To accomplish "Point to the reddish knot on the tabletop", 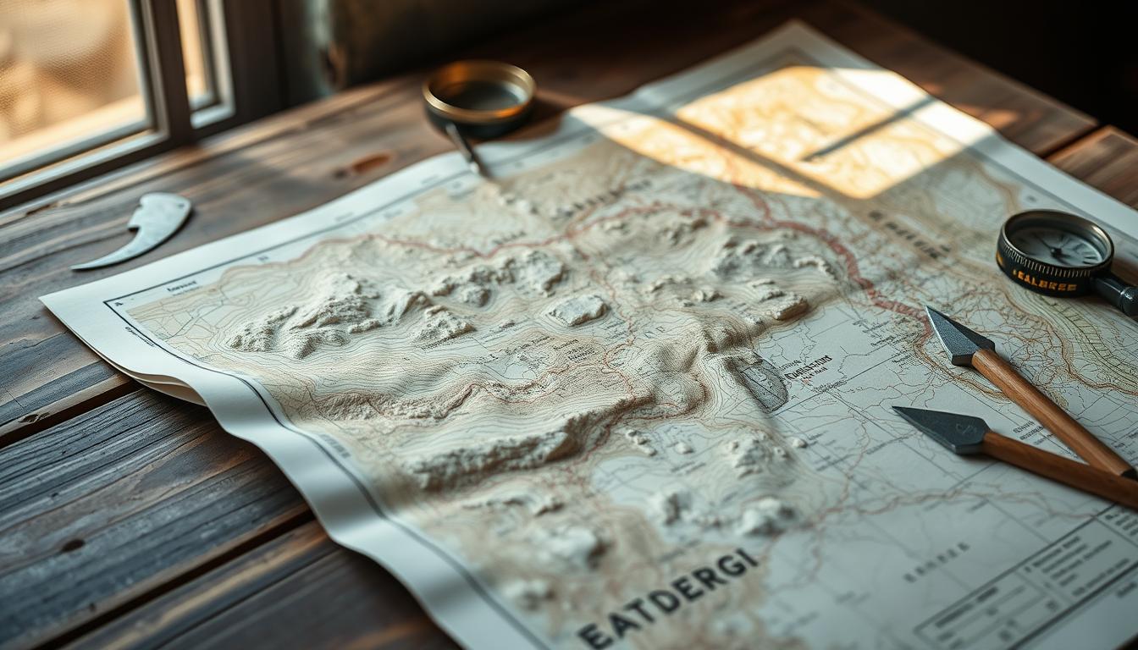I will [x=365, y=163].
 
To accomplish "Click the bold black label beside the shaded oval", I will [x=809, y=366].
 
